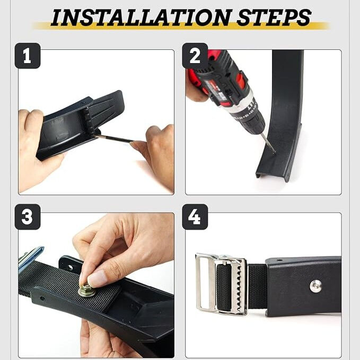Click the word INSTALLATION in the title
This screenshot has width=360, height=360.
pos(141,17)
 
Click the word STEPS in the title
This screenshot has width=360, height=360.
pos(274,17)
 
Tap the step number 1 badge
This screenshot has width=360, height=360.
pos(28,56)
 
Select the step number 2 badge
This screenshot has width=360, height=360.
pos(195,56)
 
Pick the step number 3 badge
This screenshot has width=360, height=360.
pos(28,217)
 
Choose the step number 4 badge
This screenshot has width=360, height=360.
pos(195,217)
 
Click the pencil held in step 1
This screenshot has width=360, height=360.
pos(113,138)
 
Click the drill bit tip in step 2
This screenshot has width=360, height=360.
pos(275,153)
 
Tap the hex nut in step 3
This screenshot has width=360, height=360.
pos(86,290)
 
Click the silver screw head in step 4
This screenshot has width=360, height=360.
pos(315,286)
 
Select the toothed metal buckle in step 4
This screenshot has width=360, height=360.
pos(222,284)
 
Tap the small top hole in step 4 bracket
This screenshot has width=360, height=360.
pos(279,260)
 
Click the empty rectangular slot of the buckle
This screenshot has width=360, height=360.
pos(205,283)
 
